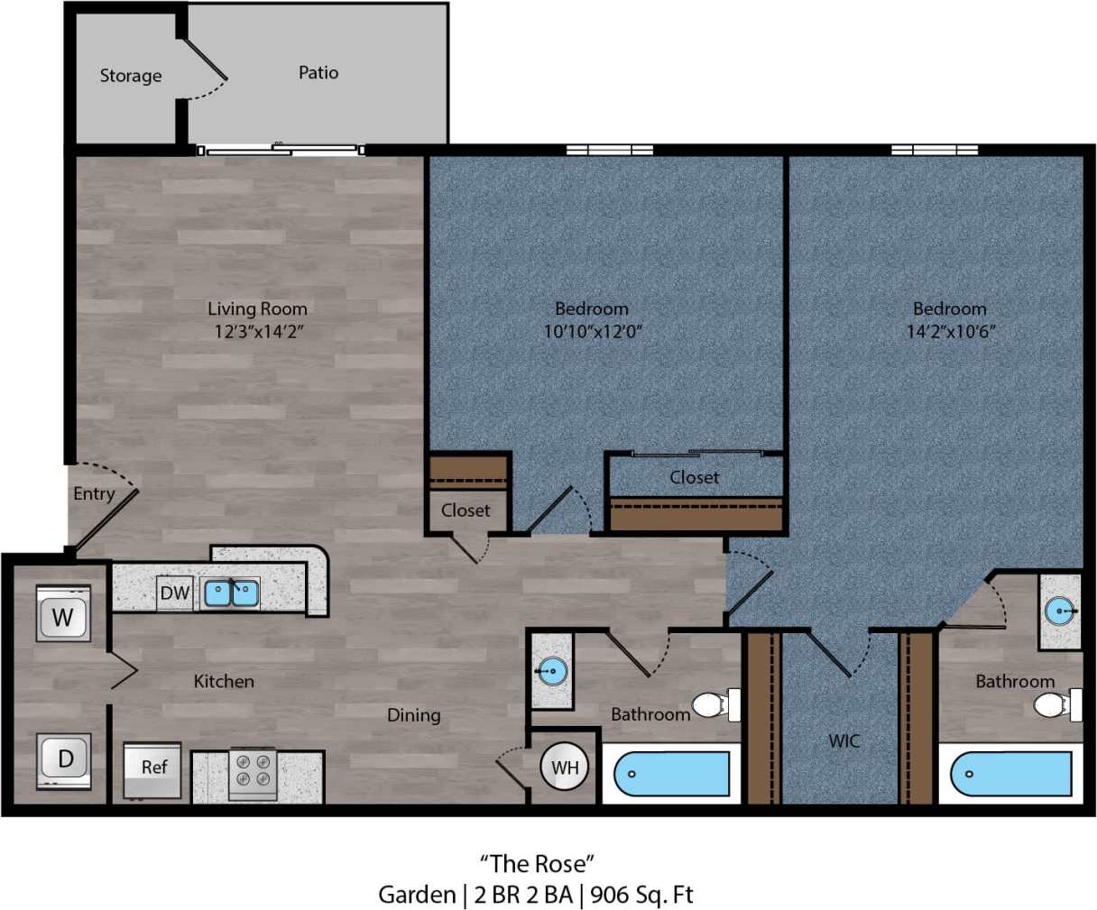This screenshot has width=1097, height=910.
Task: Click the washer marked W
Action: point(62,617)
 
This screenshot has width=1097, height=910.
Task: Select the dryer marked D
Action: point(64,758)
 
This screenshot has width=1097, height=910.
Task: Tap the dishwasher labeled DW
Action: point(175,593)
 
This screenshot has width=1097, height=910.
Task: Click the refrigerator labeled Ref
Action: point(153,768)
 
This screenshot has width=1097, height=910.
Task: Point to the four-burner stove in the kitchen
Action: point(253,773)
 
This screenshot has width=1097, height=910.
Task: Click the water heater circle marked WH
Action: point(565,768)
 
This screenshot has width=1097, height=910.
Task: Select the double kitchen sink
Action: point(232,593)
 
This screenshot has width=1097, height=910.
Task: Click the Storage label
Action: point(131,76)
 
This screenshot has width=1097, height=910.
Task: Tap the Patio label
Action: point(318,72)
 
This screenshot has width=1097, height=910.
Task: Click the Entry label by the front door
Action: point(94,493)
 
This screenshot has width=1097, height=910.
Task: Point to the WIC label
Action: point(844,740)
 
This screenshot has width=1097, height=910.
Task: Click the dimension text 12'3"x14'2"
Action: point(258,331)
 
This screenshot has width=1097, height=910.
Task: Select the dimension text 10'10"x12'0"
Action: point(592,331)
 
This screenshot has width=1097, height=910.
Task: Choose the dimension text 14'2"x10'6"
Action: point(950,331)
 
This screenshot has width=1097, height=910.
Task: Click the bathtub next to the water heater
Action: point(671,774)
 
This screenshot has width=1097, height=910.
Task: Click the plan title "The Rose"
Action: point(537,864)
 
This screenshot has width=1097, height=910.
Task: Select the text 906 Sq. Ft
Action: point(641,895)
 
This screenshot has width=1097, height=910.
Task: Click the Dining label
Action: point(414,715)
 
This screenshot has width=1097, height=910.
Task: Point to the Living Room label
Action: point(258,308)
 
